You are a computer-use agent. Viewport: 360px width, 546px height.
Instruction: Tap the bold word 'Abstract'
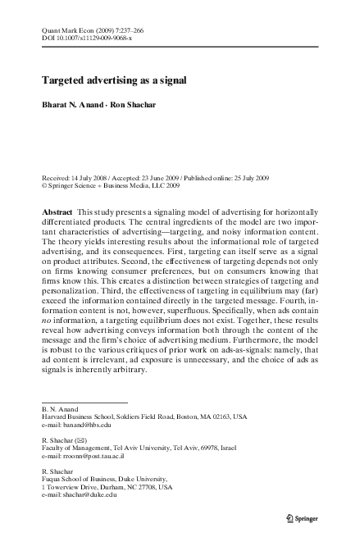(x=58, y=212)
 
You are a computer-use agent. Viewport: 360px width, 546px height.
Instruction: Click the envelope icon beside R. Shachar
(x=80, y=439)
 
